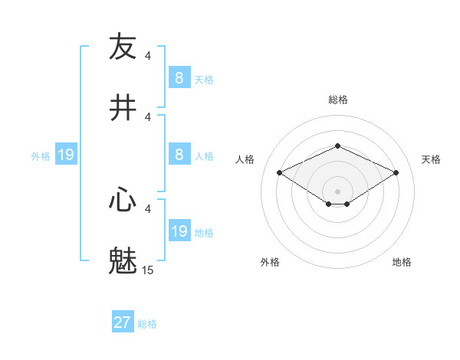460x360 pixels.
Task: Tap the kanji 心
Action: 123,200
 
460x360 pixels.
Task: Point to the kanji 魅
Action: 123,261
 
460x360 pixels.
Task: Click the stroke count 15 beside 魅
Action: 147,270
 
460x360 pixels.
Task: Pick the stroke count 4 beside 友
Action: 147,55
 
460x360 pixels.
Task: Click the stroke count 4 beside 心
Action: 147,208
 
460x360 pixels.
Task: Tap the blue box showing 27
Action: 123,323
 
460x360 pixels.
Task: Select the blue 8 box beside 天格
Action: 179,78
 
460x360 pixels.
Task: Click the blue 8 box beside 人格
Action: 179,155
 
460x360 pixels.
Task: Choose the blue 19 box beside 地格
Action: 179,231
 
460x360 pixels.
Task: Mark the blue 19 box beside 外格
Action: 66,155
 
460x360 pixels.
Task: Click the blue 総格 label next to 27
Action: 147,324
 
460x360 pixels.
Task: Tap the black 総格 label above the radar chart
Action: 337,100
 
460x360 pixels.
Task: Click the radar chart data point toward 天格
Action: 396,173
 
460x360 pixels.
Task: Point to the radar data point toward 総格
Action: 337,146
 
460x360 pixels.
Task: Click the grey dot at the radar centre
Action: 337,191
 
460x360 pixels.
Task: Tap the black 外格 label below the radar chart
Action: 270,262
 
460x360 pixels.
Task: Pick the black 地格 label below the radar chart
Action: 402,262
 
